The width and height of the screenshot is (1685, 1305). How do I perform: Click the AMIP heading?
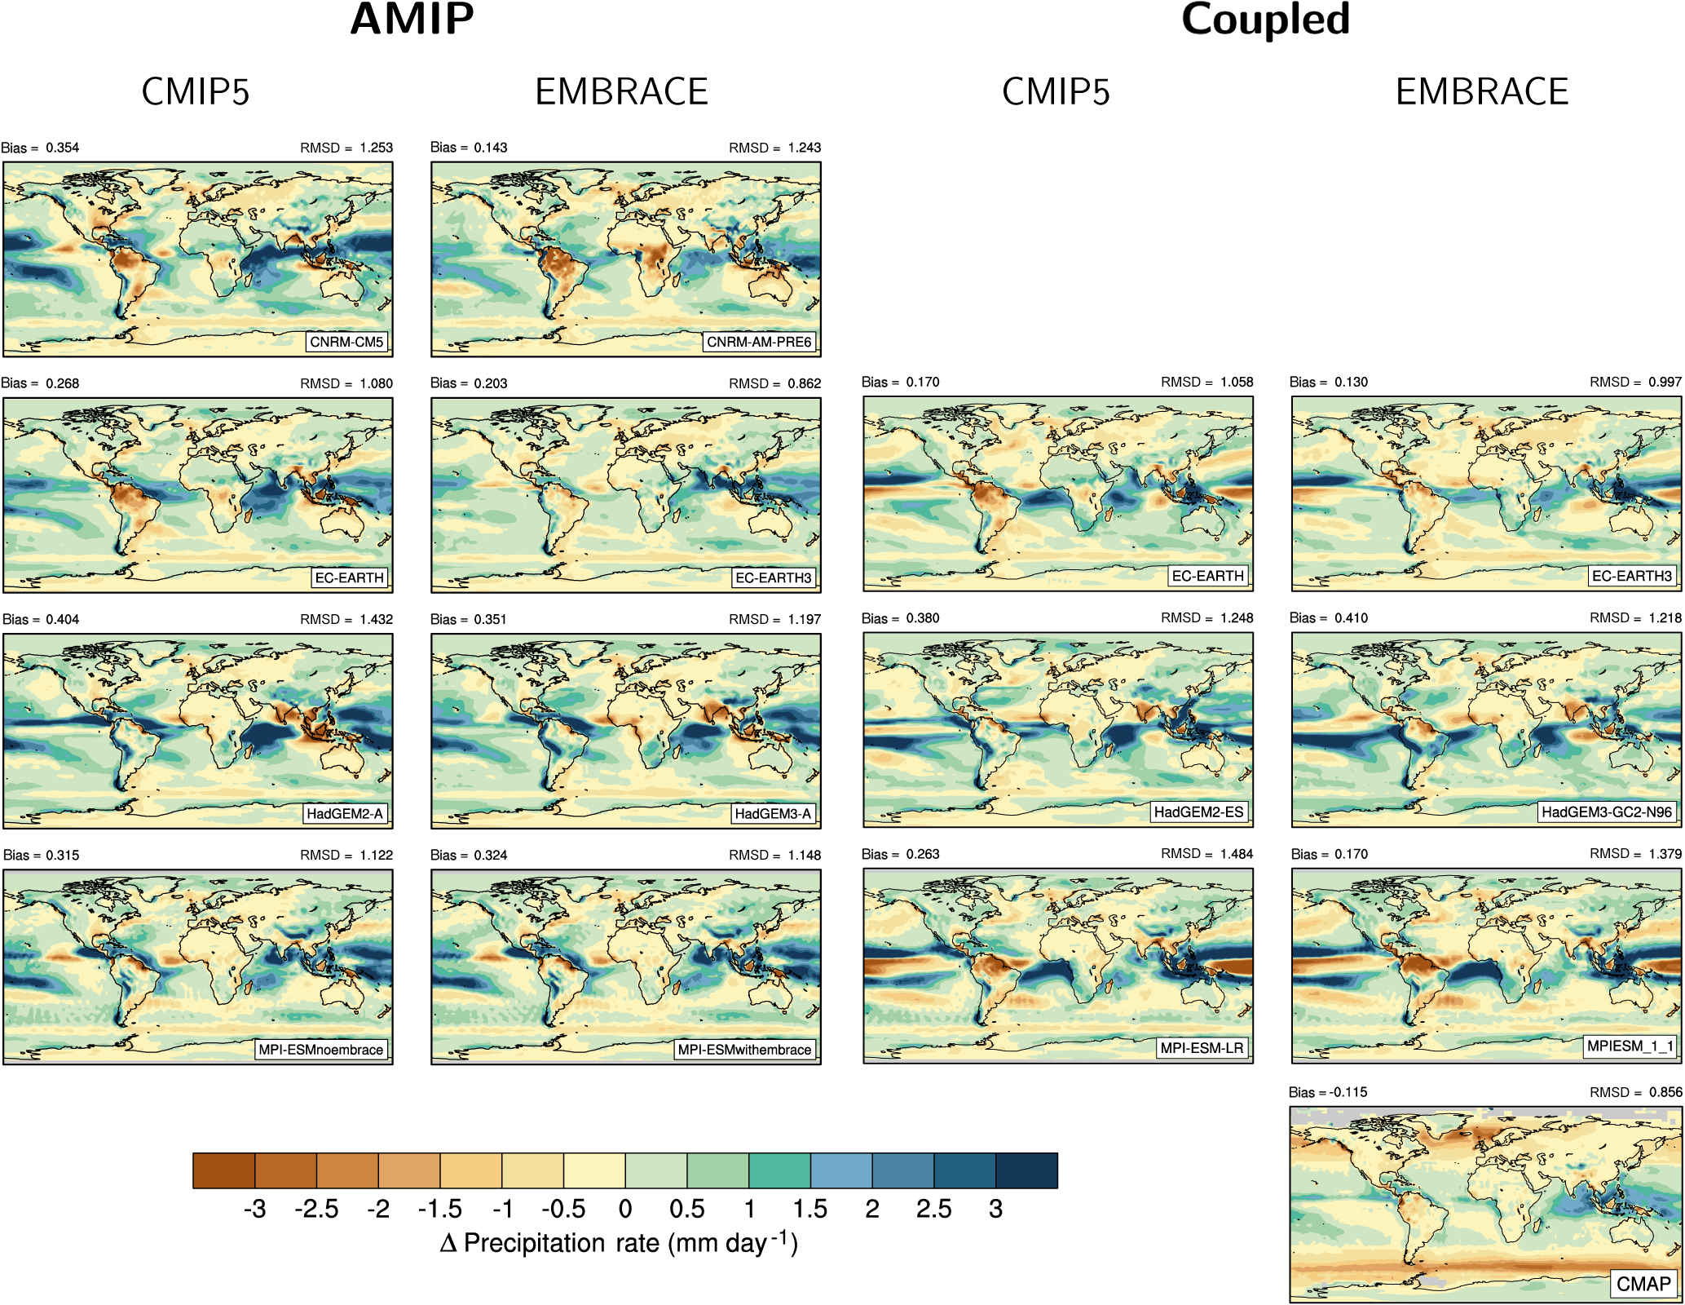[412, 20]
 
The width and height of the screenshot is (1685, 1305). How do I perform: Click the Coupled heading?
[1265, 20]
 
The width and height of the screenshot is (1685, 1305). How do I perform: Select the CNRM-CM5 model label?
[346, 342]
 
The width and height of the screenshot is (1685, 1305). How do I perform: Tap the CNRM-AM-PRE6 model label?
[759, 342]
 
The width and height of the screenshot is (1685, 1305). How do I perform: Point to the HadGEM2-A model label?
[344, 813]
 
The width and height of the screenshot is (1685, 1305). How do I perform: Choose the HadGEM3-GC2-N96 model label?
[1607, 812]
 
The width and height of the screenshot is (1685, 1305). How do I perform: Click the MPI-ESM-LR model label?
[1202, 1048]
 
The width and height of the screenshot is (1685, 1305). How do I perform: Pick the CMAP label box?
[1643, 1284]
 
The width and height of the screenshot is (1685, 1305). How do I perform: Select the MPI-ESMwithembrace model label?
[744, 1050]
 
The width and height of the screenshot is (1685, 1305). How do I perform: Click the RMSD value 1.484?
[1236, 854]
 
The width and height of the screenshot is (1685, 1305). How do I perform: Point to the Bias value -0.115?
[1348, 1092]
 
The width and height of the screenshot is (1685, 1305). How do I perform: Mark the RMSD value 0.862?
[804, 383]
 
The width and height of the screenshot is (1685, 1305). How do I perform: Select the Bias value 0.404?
[62, 619]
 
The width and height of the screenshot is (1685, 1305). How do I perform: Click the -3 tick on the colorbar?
[254, 1209]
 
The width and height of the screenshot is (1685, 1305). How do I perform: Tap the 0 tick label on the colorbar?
[625, 1209]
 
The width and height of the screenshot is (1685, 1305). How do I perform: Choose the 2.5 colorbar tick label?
[933, 1209]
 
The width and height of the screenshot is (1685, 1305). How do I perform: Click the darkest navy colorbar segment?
[1026, 1170]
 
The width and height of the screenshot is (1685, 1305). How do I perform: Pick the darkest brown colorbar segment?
[224, 1170]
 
